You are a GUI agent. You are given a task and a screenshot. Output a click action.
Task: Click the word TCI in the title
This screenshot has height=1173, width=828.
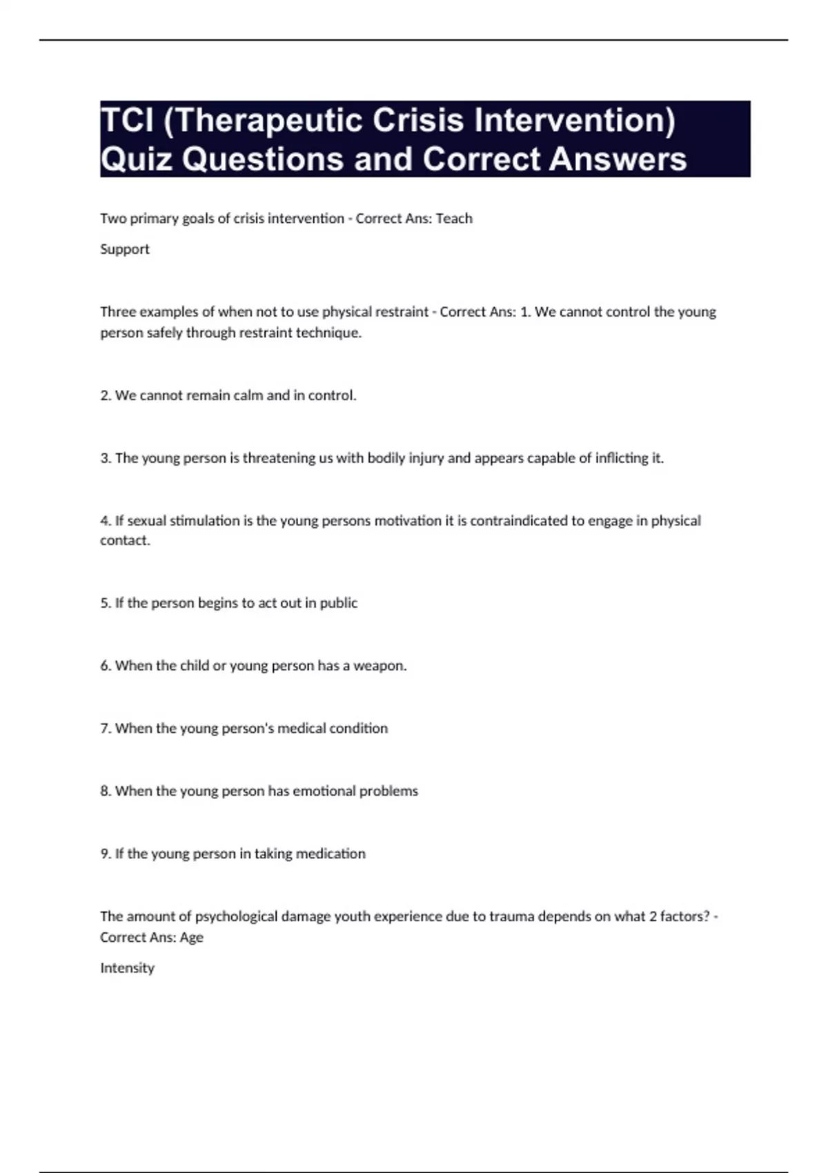[127, 121]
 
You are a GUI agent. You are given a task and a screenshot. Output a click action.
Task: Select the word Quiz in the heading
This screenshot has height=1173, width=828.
[135, 159]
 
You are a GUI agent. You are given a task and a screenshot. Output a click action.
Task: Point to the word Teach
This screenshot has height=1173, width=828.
[454, 219]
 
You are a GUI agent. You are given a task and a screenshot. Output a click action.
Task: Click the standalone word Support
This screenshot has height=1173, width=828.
[125, 249]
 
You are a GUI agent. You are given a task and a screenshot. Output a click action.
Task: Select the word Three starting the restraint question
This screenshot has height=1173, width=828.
[118, 312]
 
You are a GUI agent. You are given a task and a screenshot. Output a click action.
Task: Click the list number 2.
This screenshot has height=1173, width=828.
[106, 395]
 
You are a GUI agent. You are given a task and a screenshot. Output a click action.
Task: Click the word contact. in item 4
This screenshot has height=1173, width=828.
[125, 540]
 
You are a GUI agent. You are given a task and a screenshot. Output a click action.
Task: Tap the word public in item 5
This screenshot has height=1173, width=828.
[338, 603]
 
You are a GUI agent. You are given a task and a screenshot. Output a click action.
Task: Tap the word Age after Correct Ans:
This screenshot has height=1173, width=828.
[192, 938]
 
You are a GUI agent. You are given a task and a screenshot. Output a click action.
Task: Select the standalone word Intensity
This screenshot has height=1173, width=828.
[127, 968]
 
